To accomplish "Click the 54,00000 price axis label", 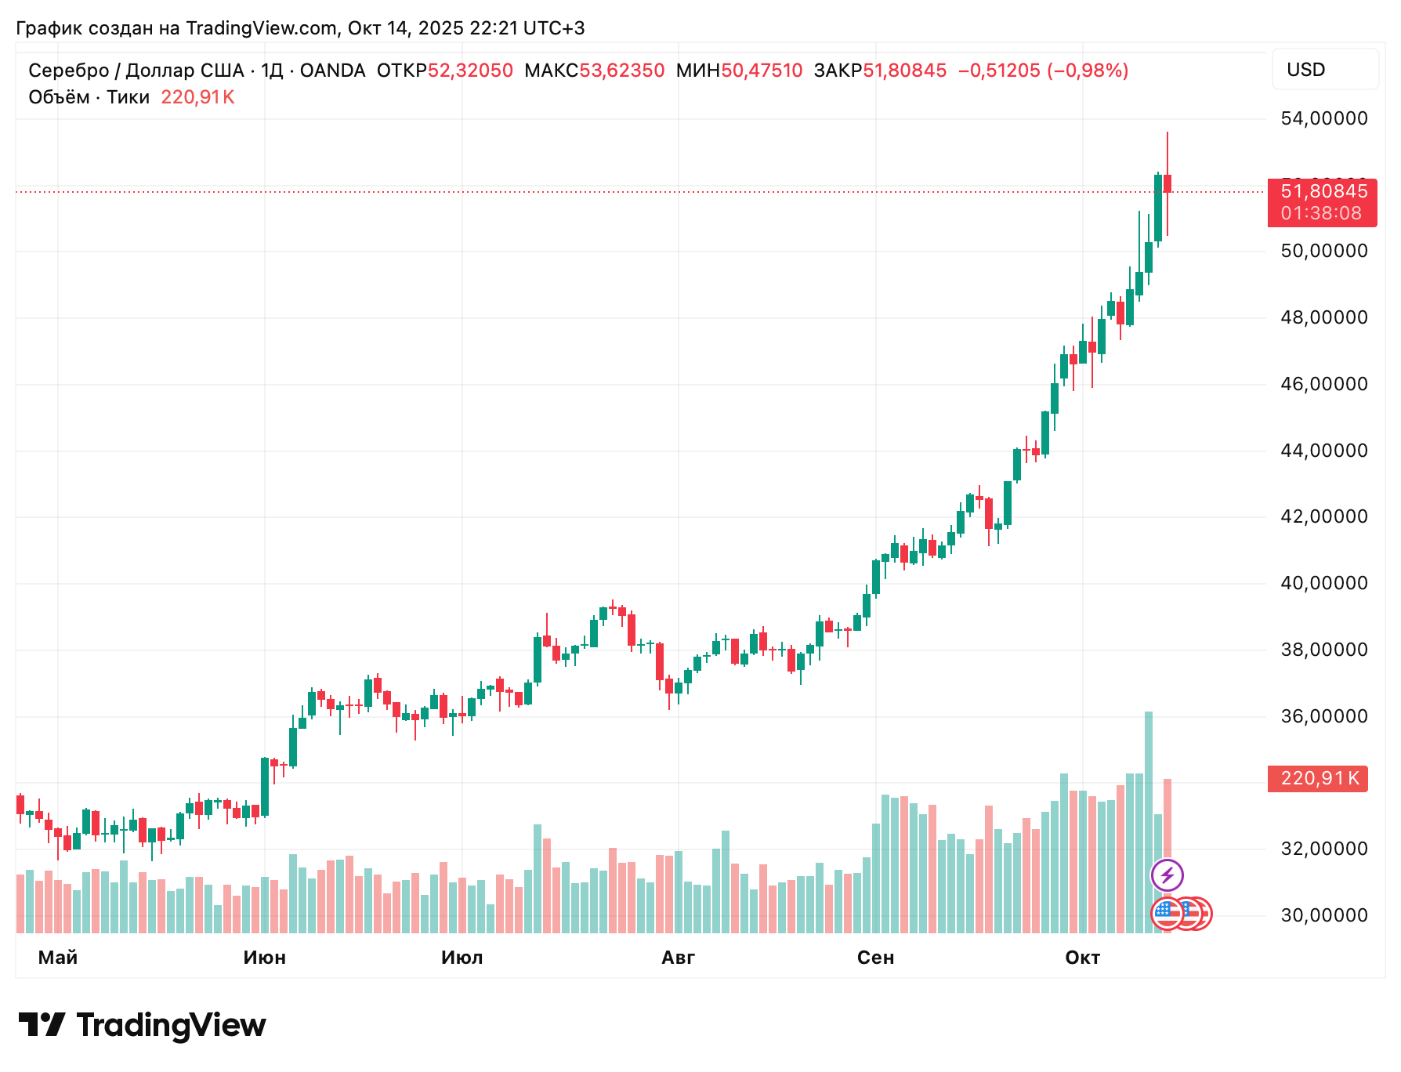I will click(x=1323, y=118).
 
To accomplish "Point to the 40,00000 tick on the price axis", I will click(x=1323, y=583).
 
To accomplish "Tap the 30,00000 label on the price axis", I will click(x=1323, y=915).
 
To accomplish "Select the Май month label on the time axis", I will click(x=58, y=958).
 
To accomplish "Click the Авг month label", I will click(x=678, y=958).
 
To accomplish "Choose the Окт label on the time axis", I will click(x=1082, y=958).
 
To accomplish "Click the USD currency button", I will click(x=1324, y=70).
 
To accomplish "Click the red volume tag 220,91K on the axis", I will click(x=1318, y=778).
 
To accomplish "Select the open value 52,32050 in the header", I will click(x=470, y=71).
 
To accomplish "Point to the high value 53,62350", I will click(x=621, y=71).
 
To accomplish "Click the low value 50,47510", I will click(x=762, y=71).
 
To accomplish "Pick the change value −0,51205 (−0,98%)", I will click(x=1043, y=71).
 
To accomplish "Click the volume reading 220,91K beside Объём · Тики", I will click(x=197, y=97).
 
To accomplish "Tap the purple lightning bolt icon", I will click(x=1167, y=875).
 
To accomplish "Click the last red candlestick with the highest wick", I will click(x=1167, y=184).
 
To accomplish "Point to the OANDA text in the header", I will click(x=332, y=71).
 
